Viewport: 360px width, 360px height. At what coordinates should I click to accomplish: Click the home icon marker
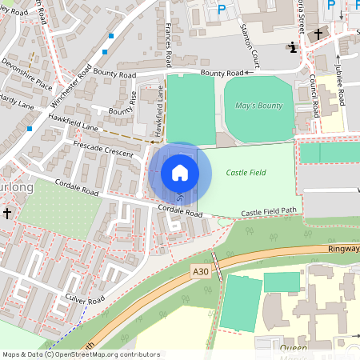pyautogui.click(x=180, y=173)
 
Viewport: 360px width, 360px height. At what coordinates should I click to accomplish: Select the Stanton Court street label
pyautogui.click(x=250, y=45)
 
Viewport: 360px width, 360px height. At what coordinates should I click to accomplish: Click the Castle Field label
pyautogui.click(x=246, y=172)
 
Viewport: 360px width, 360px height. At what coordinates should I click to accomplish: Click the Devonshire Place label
pyautogui.click(x=26, y=73)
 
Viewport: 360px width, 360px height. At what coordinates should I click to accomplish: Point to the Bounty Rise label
pyautogui.click(x=123, y=102)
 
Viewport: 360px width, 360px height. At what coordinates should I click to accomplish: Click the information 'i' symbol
pyautogui.click(x=293, y=47)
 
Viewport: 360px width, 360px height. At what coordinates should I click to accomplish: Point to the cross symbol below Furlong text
pyautogui.click(x=7, y=214)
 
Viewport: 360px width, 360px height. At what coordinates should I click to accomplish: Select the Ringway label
pyautogui.click(x=344, y=249)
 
